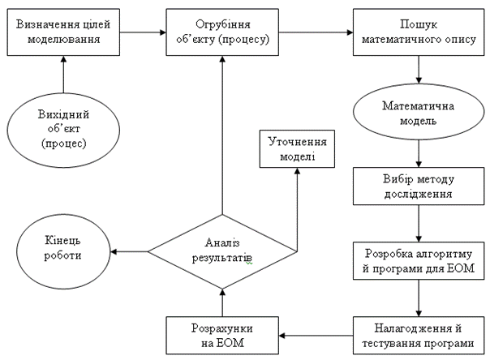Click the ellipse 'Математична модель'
417,114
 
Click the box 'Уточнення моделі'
296,148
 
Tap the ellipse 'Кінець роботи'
63,251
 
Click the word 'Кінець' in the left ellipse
63,244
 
